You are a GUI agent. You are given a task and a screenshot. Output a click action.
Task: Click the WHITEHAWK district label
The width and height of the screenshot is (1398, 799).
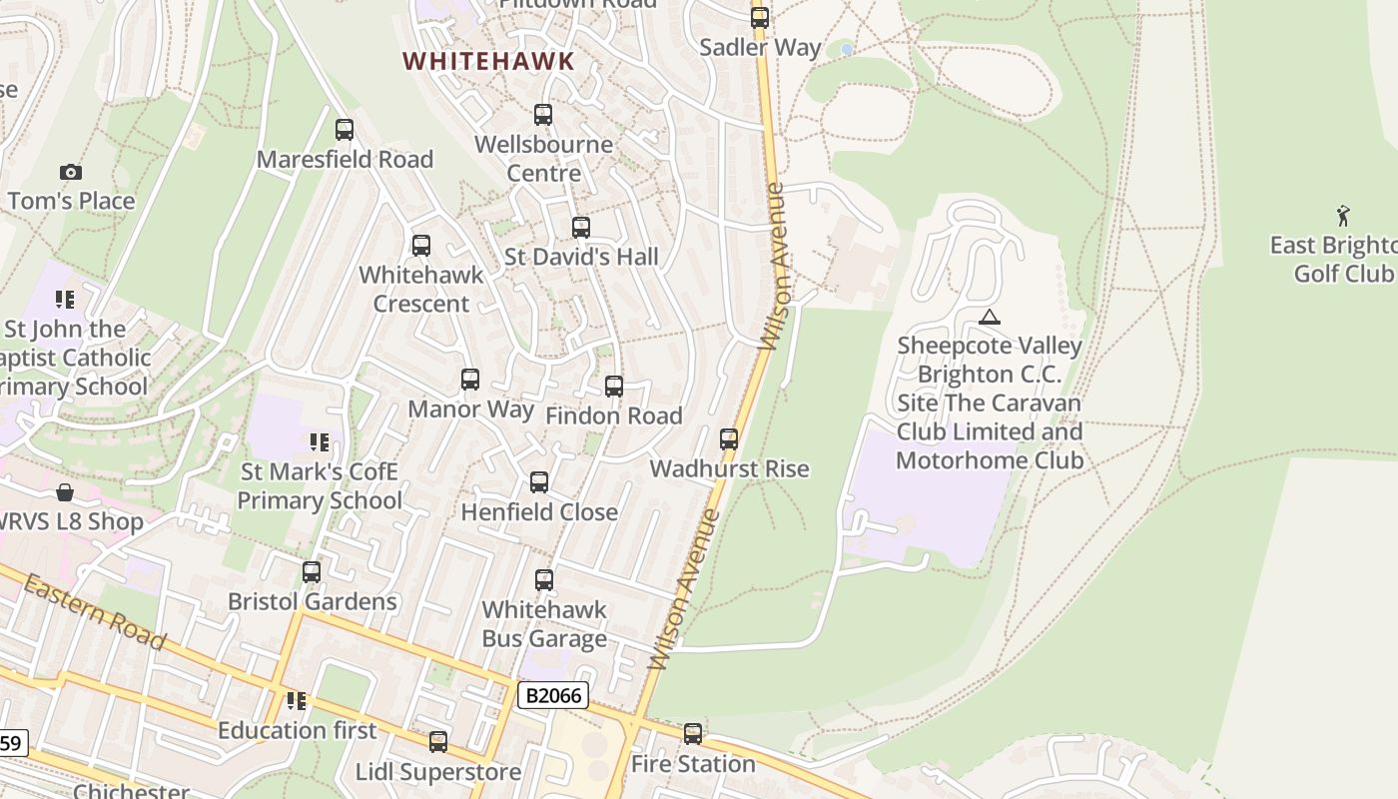[x=488, y=61]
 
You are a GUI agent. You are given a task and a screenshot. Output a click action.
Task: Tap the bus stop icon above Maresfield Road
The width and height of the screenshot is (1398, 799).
[x=345, y=129]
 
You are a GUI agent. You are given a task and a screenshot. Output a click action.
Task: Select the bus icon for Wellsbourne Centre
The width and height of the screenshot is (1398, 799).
[x=543, y=115]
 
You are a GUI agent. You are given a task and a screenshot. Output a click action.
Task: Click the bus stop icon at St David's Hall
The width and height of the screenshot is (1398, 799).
[x=581, y=227]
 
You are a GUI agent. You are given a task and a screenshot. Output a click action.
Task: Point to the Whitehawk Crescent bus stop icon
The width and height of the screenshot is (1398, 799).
[x=421, y=245]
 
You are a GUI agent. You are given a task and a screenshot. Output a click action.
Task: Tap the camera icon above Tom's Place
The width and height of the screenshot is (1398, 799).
[x=70, y=172]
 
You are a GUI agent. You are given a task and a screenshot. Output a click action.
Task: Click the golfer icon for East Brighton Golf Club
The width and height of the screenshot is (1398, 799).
[x=1343, y=216]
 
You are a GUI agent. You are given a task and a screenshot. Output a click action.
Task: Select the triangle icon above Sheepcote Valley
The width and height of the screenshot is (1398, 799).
[x=990, y=318]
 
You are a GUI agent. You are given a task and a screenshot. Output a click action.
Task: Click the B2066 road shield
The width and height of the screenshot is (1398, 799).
[x=553, y=695]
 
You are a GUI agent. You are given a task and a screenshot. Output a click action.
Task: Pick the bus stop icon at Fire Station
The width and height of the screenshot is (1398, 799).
[x=693, y=734]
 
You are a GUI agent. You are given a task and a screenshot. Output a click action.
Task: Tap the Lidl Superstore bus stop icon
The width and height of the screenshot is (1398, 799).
[x=438, y=741]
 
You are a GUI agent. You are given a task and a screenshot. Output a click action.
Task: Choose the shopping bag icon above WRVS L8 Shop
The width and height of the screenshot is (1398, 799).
[x=65, y=492]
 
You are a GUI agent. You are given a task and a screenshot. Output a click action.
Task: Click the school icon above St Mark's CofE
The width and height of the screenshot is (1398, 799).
[x=320, y=441]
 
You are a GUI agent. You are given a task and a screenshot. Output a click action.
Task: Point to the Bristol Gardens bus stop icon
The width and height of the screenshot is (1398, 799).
[x=312, y=571]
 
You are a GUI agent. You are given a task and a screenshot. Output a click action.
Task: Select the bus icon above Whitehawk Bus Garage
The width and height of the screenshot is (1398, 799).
[x=544, y=579]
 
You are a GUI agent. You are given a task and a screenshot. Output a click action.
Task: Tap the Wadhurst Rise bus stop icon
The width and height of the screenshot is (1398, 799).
[x=729, y=438]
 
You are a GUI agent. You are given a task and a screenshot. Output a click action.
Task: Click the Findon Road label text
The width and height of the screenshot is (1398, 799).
[x=614, y=415]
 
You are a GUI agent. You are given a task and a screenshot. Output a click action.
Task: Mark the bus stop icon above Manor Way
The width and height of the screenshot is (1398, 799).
[x=470, y=380]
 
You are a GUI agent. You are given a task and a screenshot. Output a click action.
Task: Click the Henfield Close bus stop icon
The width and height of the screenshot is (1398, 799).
[x=539, y=482]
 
